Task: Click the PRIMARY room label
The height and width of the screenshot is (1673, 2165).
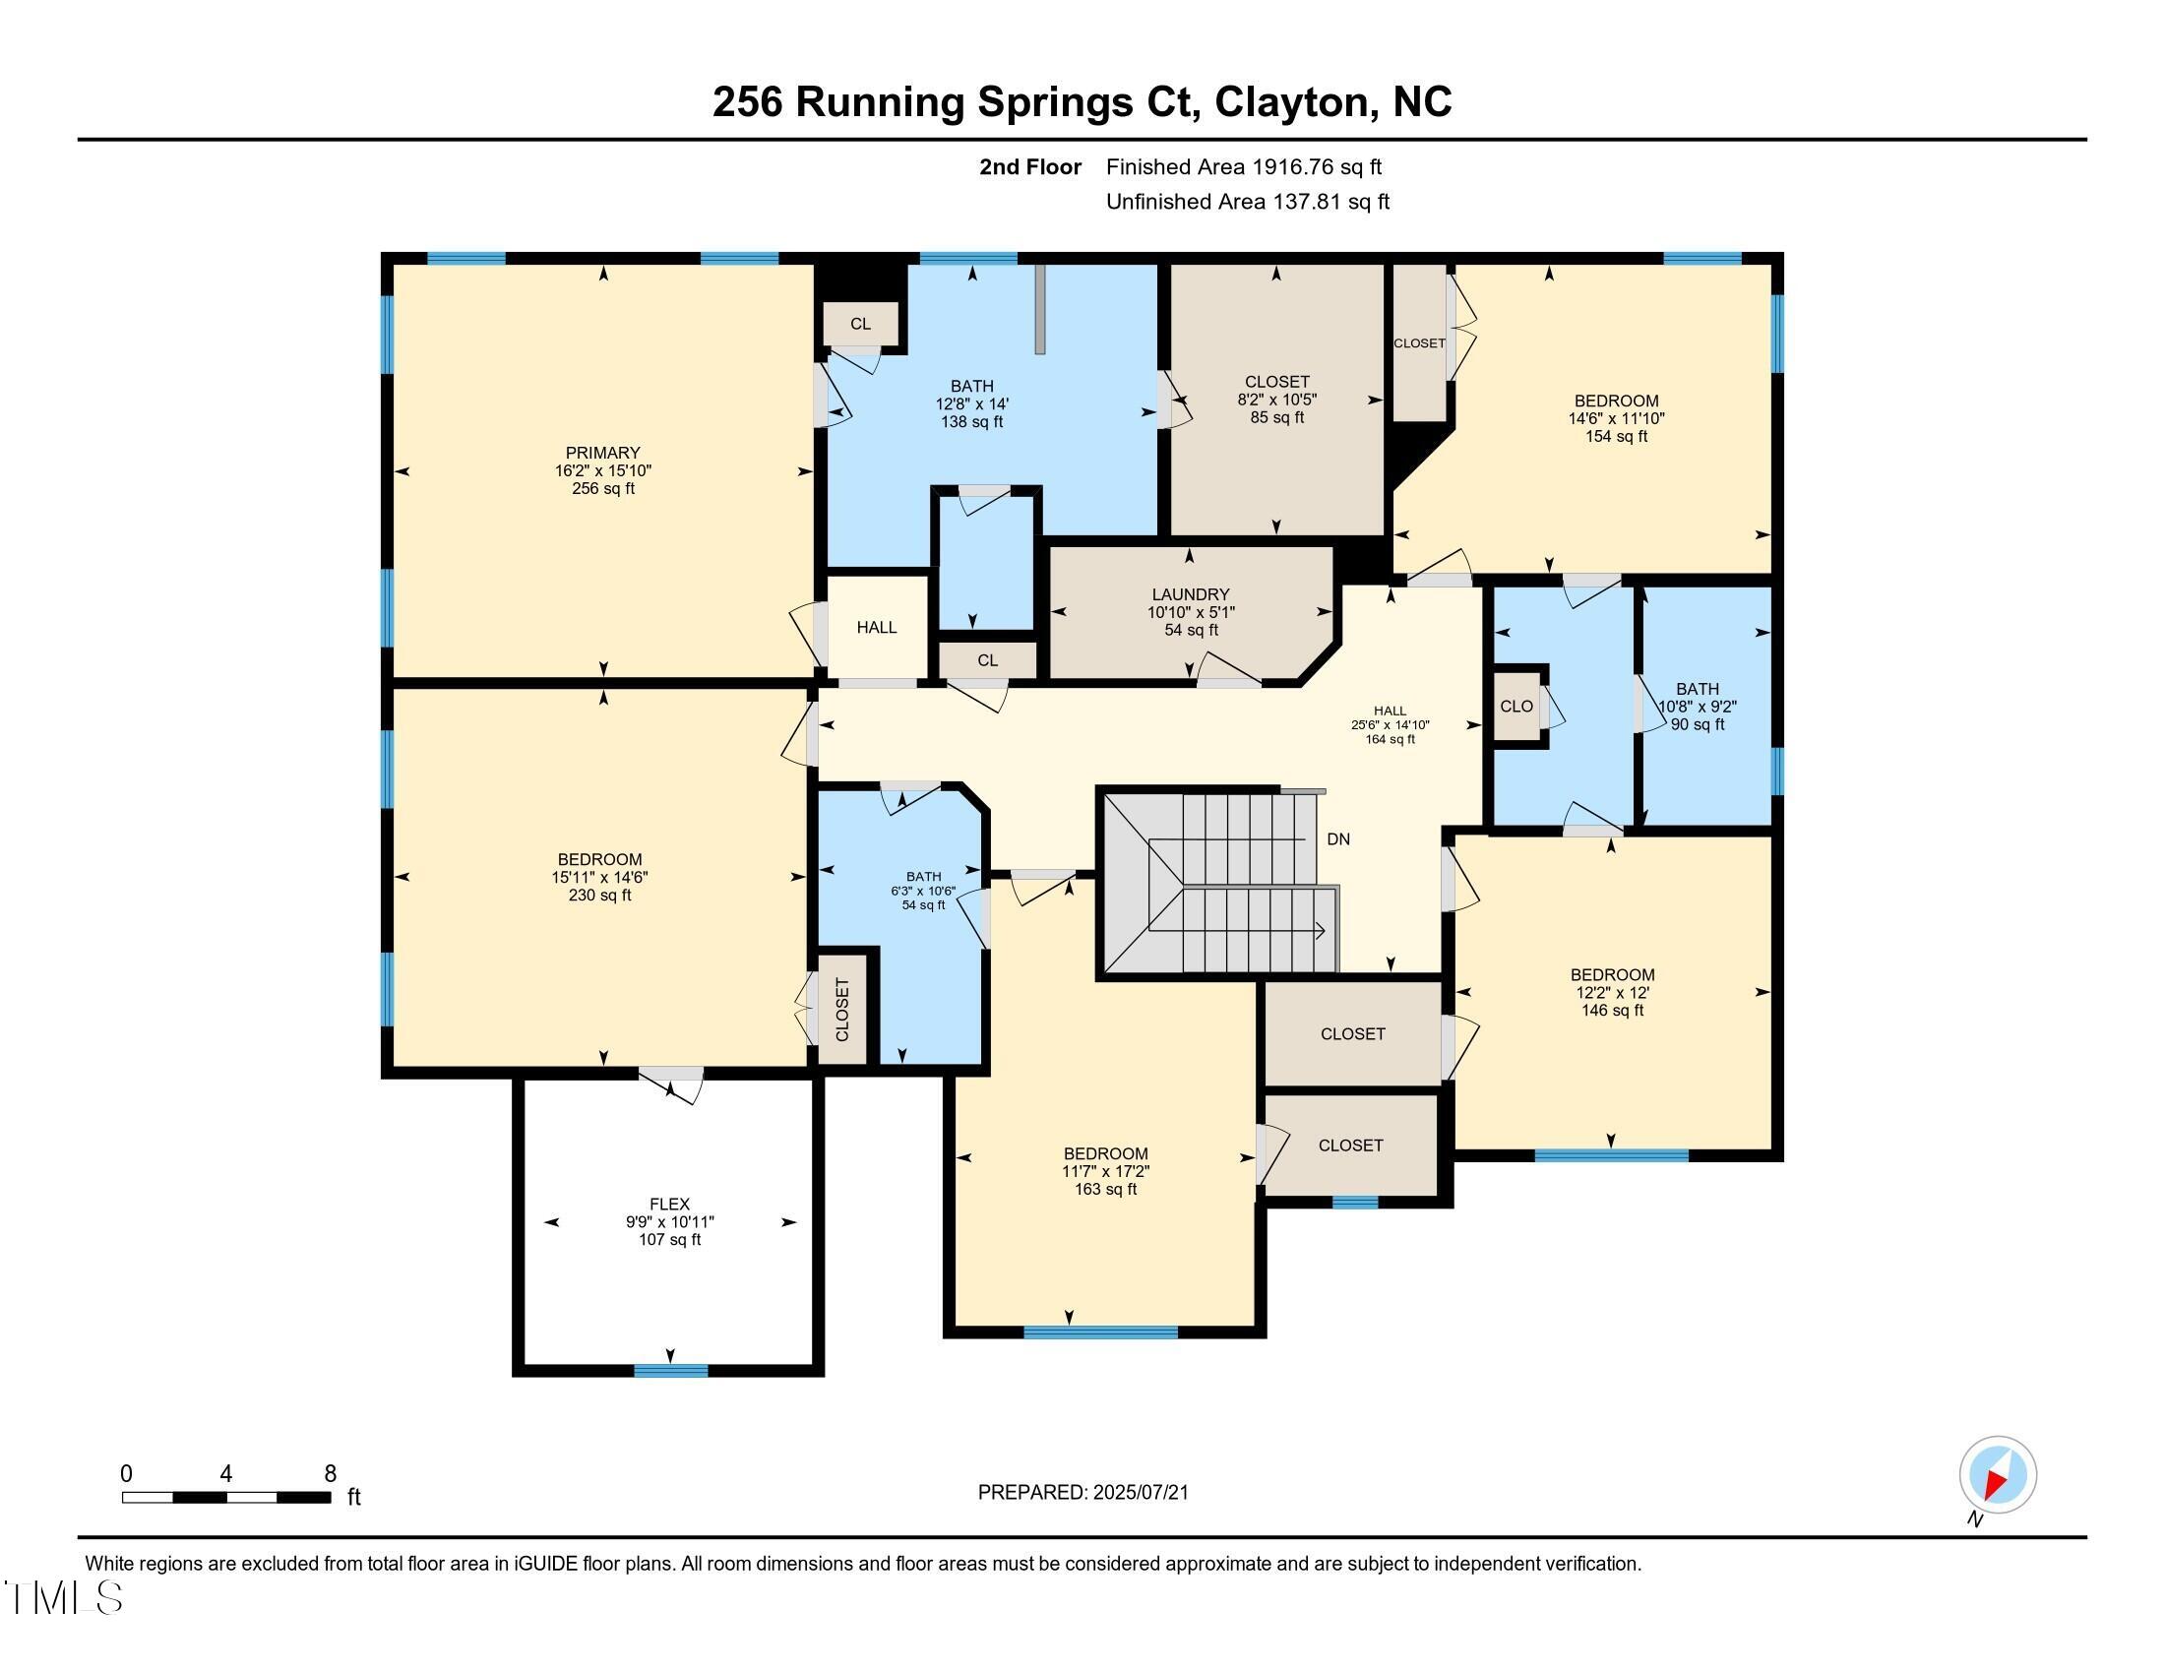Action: [602, 453]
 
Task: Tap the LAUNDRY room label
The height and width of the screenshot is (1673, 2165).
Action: [1191, 594]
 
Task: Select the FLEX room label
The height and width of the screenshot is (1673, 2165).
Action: [669, 1205]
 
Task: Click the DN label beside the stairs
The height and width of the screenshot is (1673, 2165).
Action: [1338, 839]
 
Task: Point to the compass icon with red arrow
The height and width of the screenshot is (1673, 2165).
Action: [1998, 1475]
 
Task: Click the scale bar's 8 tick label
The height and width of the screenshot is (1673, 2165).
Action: [330, 1474]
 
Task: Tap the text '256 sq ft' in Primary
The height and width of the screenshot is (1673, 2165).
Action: [602, 489]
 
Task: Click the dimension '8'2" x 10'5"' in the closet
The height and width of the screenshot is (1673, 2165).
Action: [1276, 401]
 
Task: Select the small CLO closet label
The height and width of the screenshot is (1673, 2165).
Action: [1515, 707]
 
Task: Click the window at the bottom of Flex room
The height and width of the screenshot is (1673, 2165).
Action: [671, 1371]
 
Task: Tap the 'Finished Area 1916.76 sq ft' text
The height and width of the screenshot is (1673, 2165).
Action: [1243, 167]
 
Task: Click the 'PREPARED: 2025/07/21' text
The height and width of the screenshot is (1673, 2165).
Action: [1082, 1493]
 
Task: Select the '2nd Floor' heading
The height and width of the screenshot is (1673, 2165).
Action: [1030, 167]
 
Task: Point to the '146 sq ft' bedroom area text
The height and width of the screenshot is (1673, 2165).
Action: [1612, 1011]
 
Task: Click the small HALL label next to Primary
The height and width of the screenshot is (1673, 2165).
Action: [876, 628]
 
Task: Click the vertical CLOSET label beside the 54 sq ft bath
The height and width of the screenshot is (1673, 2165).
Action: [842, 1010]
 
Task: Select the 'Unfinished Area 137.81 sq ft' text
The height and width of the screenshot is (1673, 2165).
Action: [1247, 202]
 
